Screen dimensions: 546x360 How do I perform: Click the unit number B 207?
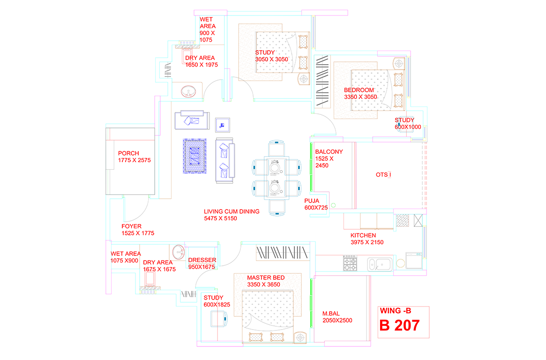tap(399, 325)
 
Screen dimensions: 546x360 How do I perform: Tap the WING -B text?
tap(395, 311)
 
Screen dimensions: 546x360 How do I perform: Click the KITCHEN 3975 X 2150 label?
tap(366, 239)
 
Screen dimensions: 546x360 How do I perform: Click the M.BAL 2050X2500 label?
tap(337, 317)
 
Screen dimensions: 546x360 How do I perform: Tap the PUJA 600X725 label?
tap(316, 204)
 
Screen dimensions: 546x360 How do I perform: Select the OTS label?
tap(383, 175)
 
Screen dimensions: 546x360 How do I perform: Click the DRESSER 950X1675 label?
tap(202, 263)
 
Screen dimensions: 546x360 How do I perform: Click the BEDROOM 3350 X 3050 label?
tap(360, 93)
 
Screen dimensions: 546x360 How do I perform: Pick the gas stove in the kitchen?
tap(350, 263)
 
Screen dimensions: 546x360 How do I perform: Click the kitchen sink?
tap(380, 264)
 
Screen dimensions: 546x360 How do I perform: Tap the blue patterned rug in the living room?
tap(194, 156)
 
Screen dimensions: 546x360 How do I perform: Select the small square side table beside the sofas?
tap(223, 125)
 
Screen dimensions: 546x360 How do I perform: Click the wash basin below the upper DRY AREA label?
tap(188, 91)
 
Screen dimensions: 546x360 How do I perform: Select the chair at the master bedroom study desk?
tap(219, 319)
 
